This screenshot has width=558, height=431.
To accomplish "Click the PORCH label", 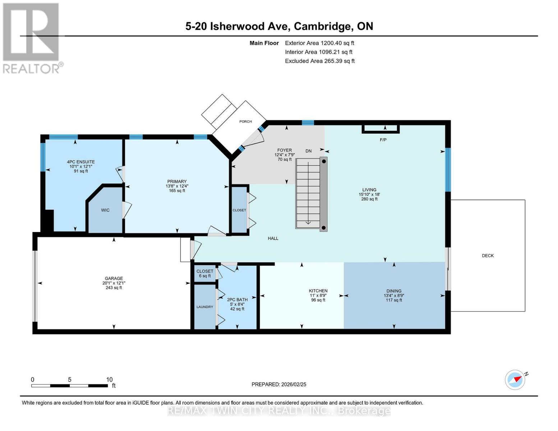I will point(245,121).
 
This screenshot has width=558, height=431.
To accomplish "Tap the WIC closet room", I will point(105,210).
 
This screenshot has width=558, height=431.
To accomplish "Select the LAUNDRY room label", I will point(205,307).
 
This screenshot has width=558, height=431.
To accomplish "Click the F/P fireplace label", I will point(383,140).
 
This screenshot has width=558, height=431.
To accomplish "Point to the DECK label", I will point(488,256).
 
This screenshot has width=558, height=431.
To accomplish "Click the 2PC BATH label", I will point(237,300).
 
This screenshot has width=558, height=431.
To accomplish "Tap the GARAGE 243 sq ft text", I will point(114,288).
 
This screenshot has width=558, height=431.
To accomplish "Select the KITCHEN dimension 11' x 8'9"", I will point(318,296).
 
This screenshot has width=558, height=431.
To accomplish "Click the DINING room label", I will point(394,291).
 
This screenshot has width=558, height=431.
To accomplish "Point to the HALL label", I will point(273,238).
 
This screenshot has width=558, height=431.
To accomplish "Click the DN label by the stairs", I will point(308,151).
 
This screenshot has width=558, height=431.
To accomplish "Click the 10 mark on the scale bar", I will point(109,380).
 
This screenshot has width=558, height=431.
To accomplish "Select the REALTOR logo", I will point(32,38).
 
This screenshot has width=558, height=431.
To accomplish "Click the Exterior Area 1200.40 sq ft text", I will point(319,43).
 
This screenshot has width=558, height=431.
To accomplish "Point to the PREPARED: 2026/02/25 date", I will point(279,384).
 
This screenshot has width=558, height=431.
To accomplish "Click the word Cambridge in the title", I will point(322,26).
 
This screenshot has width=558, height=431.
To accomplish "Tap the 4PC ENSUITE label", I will point(81,162).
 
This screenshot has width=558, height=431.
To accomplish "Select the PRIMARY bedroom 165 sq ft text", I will point(177,191).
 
